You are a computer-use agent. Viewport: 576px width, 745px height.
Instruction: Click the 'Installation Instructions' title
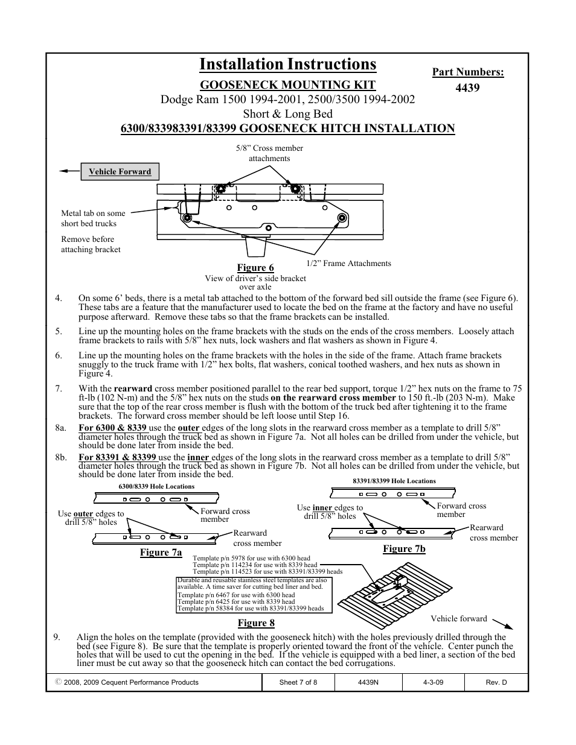click(x=287, y=65)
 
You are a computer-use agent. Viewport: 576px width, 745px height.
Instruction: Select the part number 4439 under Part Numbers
click(x=467, y=88)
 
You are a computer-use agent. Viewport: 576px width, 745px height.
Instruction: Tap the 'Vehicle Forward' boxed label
click(x=120, y=172)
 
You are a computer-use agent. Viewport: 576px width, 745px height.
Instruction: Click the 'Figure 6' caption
click(x=255, y=268)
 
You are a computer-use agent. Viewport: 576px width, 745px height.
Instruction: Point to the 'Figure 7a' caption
click(x=161, y=553)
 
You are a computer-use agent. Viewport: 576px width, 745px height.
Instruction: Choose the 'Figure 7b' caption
click(x=404, y=549)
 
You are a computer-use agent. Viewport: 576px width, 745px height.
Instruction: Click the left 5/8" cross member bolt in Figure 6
click(x=221, y=189)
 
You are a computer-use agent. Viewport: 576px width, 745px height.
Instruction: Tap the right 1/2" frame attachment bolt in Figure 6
click(x=342, y=217)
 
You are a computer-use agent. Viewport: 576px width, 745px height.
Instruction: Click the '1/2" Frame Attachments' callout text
click(x=348, y=264)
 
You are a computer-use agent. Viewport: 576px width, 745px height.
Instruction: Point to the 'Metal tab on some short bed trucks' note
click(x=93, y=218)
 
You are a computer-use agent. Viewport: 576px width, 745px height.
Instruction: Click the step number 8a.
click(x=60, y=428)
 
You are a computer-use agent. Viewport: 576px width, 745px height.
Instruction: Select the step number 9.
click(x=57, y=637)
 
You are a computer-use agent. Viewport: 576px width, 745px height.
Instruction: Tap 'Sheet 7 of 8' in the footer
click(x=298, y=682)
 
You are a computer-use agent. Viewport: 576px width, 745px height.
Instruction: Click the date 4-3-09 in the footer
click(x=433, y=682)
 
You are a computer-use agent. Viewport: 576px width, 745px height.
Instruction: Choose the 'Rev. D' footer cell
click(x=496, y=682)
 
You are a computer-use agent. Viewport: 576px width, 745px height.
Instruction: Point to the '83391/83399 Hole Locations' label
click(x=394, y=481)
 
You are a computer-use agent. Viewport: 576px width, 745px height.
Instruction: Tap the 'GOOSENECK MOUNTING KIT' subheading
click(x=287, y=85)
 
